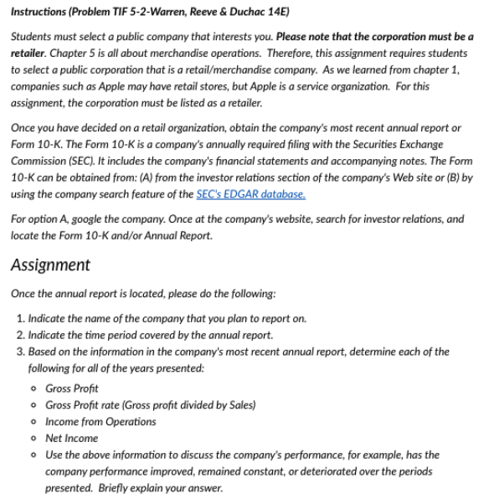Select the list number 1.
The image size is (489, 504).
click(19, 318)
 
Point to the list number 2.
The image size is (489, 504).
click(19, 335)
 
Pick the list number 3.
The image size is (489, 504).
click(19, 352)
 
